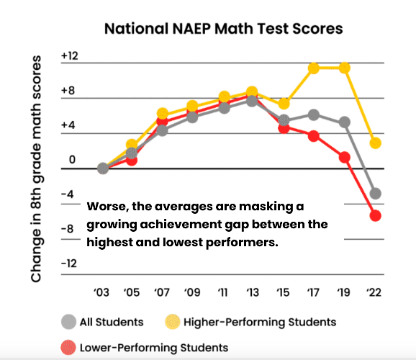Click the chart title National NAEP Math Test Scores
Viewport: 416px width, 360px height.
click(x=223, y=30)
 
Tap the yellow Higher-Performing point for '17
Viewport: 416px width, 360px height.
click(x=314, y=68)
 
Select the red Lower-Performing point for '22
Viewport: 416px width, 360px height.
click(x=375, y=215)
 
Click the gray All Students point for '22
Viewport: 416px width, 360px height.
click(x=375, y=194)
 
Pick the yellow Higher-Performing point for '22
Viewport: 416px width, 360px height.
click(x=375, y=143)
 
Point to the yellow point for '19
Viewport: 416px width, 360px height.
click(x=344, y=68)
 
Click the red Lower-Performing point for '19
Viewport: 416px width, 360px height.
click(x=344, y=157)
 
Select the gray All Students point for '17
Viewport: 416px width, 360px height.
click(x=314, y=115)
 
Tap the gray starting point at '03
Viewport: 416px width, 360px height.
click(x=103, y=168)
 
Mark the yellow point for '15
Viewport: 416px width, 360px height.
click(x=284, y=104)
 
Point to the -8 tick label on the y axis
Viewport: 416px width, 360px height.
click(x=69, y=228)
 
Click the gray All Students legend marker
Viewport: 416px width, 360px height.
click(x=68, y=321)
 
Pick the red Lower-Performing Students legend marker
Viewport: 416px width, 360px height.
click(x=68, y=347)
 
